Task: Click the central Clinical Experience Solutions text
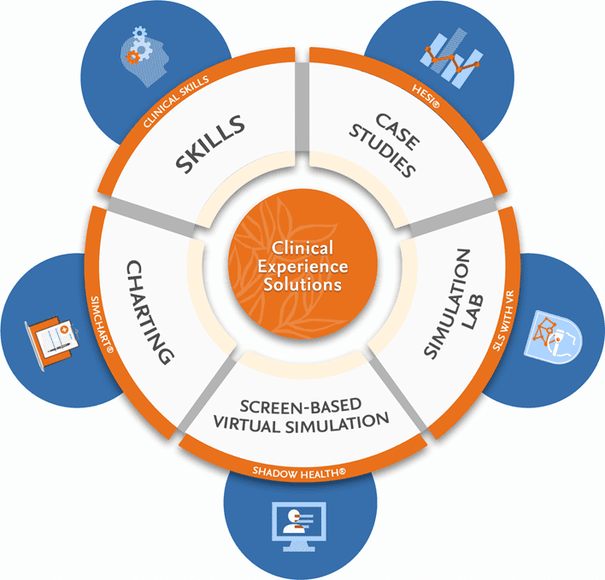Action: pos(302,264)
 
